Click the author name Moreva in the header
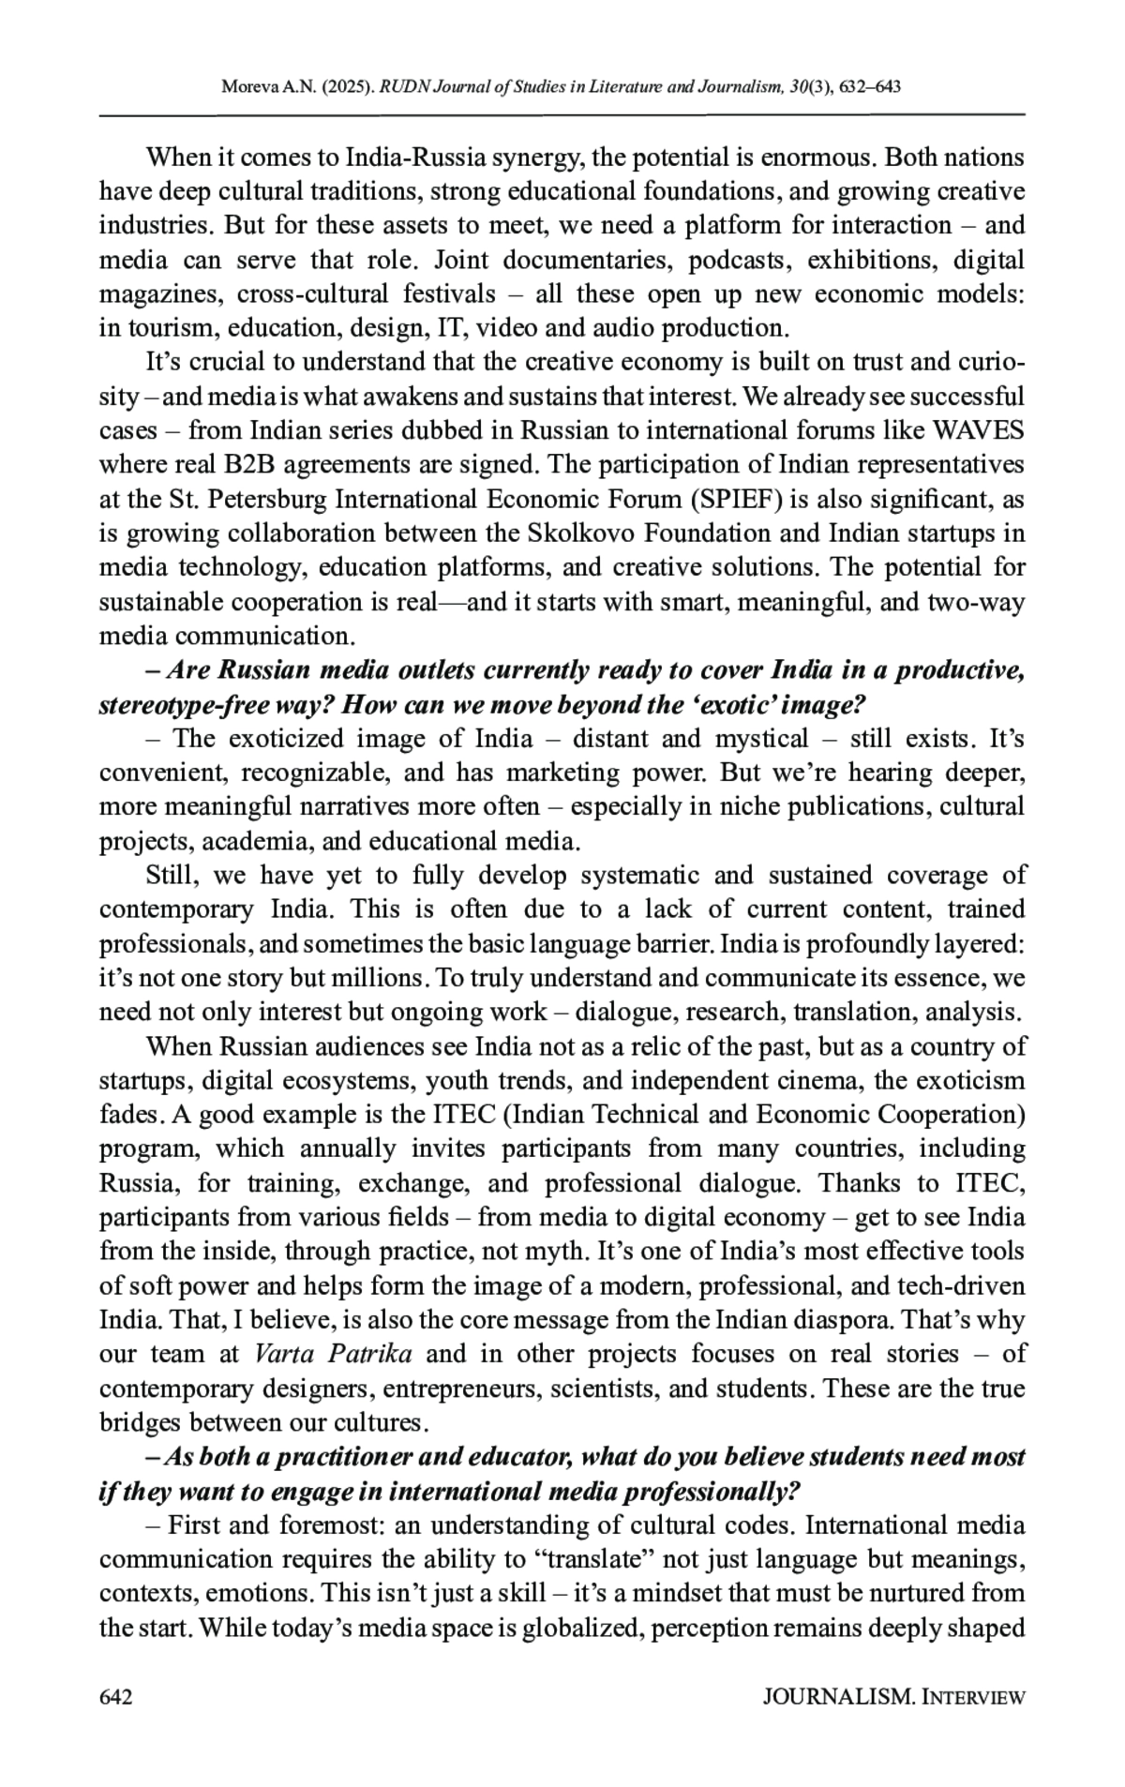[247, 88]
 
